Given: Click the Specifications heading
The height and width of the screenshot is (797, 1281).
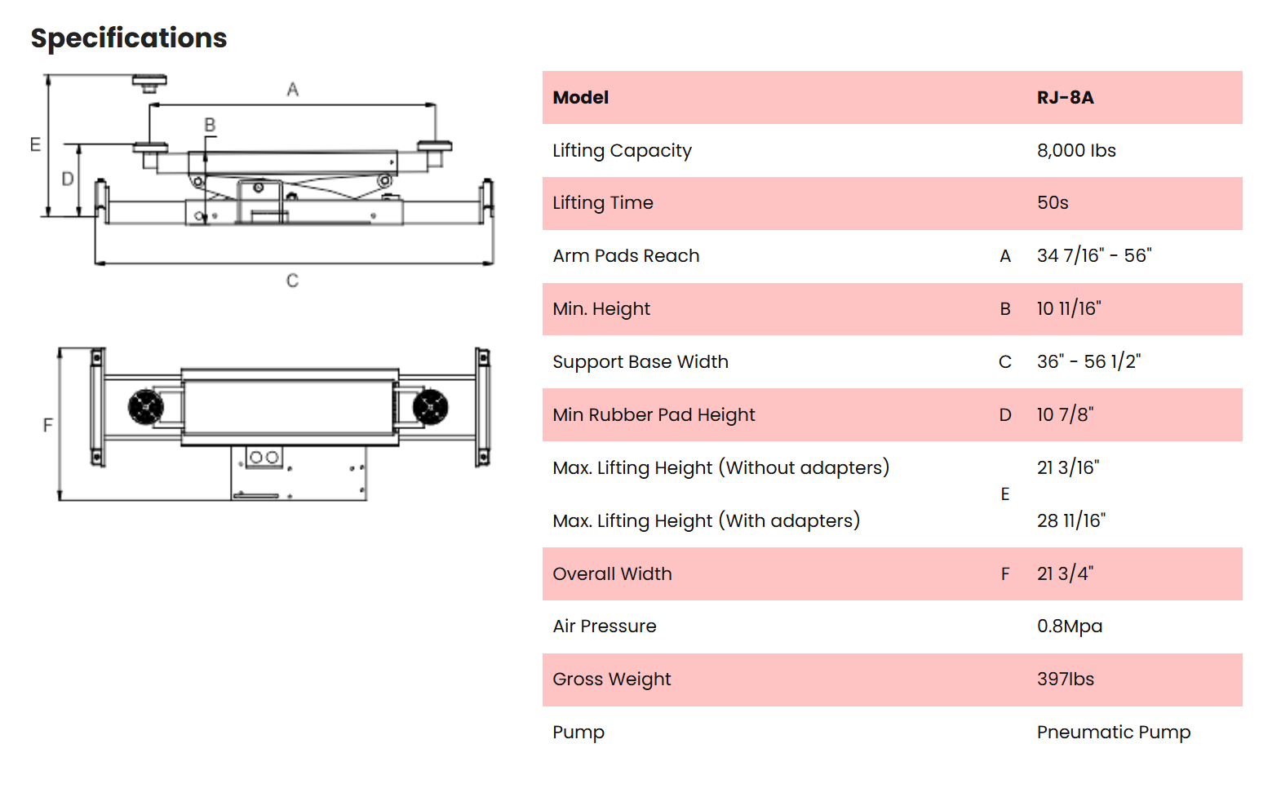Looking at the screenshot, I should tap(129, 38).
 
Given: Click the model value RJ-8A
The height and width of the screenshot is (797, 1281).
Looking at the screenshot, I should tap(1065, 98).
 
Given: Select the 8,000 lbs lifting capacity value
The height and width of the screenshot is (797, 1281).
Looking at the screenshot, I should tap(1076, 151).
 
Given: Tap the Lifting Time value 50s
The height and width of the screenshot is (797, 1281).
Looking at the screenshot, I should tap(1053, 203).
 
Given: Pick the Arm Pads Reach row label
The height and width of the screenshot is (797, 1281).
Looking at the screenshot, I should tap(626, 256).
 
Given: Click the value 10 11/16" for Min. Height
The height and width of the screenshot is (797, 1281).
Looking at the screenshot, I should tap(1069, 309).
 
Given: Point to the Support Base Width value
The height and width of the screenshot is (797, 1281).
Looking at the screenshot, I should tap(1088, 362).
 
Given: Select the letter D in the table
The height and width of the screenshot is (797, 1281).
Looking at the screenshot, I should tap(1005, 415).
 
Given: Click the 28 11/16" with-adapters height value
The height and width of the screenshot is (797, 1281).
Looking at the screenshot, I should tap(1071, 521).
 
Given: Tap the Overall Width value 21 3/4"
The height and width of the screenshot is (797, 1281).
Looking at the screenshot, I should tap(1065, 574).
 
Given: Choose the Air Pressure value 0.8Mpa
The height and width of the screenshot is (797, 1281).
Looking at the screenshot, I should tap(1069, 627).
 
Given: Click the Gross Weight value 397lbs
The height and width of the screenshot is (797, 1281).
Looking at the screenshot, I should tap(1065, 680).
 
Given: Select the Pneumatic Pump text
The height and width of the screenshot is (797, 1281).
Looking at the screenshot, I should tap(1113, 733).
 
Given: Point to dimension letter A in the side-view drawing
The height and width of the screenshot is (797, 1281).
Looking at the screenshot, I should tap(293, 90).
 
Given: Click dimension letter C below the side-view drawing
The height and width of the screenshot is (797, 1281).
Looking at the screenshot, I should tap(292, 281).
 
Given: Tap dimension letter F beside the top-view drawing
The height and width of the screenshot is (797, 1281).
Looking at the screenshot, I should tap(48, 425).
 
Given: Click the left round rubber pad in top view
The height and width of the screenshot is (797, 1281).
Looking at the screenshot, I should tap(146, 407).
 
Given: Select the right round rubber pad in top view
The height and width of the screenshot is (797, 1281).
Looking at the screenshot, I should tap(430, 407).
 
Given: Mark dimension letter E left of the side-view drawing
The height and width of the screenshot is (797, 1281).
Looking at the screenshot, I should tap(35, 145).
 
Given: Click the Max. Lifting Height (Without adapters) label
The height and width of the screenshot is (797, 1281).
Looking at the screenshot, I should tap(720, 468).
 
